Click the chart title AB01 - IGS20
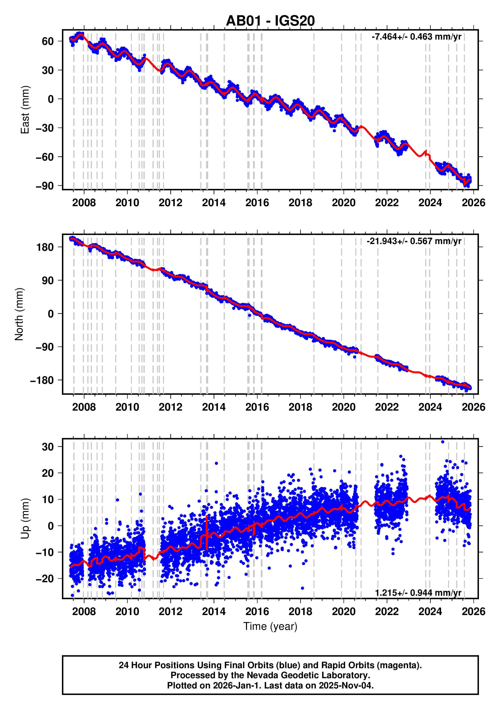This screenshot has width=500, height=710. coord(270,21)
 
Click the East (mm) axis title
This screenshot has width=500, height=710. coord(25,110)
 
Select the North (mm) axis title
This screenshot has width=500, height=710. coord(19,314)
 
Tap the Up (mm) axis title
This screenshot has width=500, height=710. coord(25,519)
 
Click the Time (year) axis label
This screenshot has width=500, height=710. coord(270,626)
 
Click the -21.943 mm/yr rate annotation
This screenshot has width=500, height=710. coord(414,241)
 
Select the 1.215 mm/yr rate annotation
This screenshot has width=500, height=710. coord(418,593)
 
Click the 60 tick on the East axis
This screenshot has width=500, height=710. coord(48,41)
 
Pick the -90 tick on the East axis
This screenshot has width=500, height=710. coord(45,186)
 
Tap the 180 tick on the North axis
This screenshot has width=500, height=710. coord(45,247)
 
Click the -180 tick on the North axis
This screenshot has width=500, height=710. coord(42,380)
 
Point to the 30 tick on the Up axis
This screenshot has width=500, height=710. coord(48,446)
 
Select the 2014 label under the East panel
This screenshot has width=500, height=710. coord(214,203)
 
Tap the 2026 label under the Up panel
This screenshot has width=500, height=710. coord(473,611)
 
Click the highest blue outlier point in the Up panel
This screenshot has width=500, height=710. coord(442,442)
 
